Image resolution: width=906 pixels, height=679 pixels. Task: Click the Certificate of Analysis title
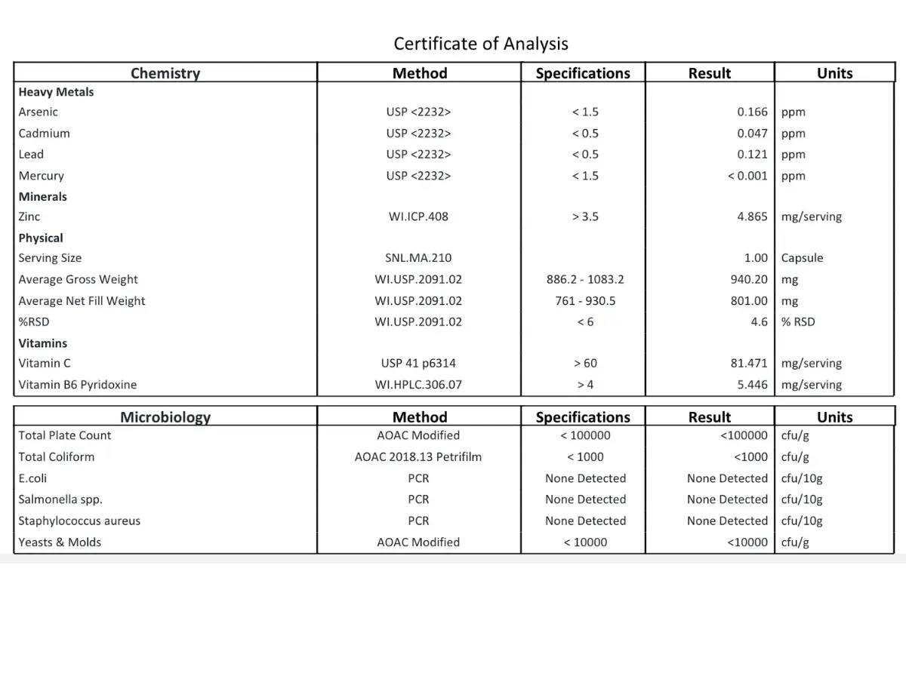point(481,44)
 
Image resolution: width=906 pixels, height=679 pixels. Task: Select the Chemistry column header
point(165,73)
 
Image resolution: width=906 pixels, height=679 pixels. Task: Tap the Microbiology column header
point(165,417)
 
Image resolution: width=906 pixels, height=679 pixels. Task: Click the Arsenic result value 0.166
point(752,112)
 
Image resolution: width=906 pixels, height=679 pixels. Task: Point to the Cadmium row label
point(45,133)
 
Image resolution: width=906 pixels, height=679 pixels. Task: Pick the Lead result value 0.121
point(752,154)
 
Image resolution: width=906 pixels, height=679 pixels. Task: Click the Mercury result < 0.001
point(747,176)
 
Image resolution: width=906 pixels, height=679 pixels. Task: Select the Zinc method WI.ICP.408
point(418,217)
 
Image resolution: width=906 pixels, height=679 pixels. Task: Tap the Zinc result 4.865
point(752,217)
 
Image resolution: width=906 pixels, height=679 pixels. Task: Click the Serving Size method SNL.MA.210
point(418,258)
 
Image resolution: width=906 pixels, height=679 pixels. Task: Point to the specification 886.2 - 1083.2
point(585,279)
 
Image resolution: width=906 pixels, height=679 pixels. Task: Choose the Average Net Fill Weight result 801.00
point(749,300)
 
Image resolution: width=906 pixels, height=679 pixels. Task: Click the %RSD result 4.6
point(759,321)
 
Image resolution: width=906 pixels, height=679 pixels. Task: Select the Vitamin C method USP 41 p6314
point(418,363)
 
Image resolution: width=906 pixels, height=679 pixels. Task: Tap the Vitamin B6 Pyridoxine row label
point(78,385)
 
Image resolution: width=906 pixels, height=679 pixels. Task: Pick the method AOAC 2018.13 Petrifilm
point(418,456)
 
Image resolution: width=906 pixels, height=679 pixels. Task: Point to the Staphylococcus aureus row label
point(79,521)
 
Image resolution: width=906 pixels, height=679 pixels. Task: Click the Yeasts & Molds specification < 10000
point(585,542)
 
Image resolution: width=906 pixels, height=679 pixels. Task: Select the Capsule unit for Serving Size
point(802,258)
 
